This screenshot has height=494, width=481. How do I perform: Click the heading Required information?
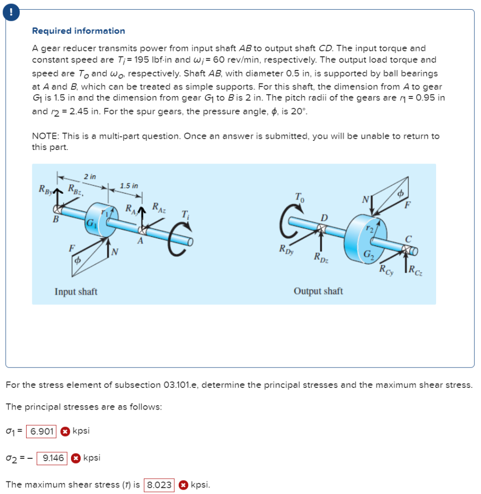tap(78, 31)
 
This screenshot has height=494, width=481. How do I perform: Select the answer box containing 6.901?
tap(42, 431)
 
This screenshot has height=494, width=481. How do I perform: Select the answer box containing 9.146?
tap(54, 457)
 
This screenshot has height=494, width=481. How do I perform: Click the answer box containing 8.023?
tap(159, 484)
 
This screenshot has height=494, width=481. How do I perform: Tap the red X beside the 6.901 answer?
tap(65, 431)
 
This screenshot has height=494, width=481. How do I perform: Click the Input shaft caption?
tap(76, 291)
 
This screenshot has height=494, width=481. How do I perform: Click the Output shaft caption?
tap(318, 291)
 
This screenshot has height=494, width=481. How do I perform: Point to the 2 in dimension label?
tap(89, 177)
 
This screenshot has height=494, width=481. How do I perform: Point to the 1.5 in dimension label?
tap(129, 186)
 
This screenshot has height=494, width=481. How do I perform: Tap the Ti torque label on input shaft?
tap(185, 215)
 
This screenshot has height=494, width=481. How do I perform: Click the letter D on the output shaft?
tap(325, 218)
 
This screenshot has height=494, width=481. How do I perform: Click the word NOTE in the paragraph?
tap(44, 136)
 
